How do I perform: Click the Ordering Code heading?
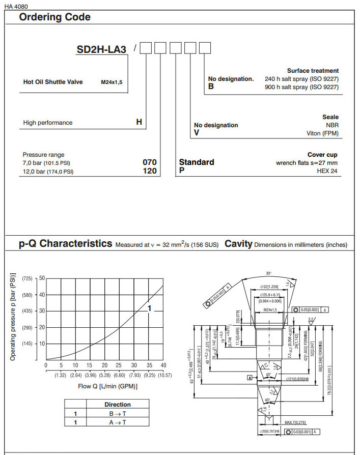tap(54, 17)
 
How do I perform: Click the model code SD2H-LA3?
tap(101, 50)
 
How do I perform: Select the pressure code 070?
tap(150, 162)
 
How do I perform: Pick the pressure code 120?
tap(150, 171)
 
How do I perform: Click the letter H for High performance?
tap(139, 122)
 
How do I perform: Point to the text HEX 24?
tap(327, 171)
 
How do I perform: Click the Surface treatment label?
tap(313, 71)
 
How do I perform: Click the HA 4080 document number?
tap(16, 6)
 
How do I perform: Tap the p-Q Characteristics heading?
tap(65, 243)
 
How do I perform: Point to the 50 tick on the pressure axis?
tap(42, 278)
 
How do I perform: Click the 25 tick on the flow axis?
tap(119, 365)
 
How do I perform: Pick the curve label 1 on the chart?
tap(149, 308)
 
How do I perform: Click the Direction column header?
tap(117, 404)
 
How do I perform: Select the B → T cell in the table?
tap(117, 414)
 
